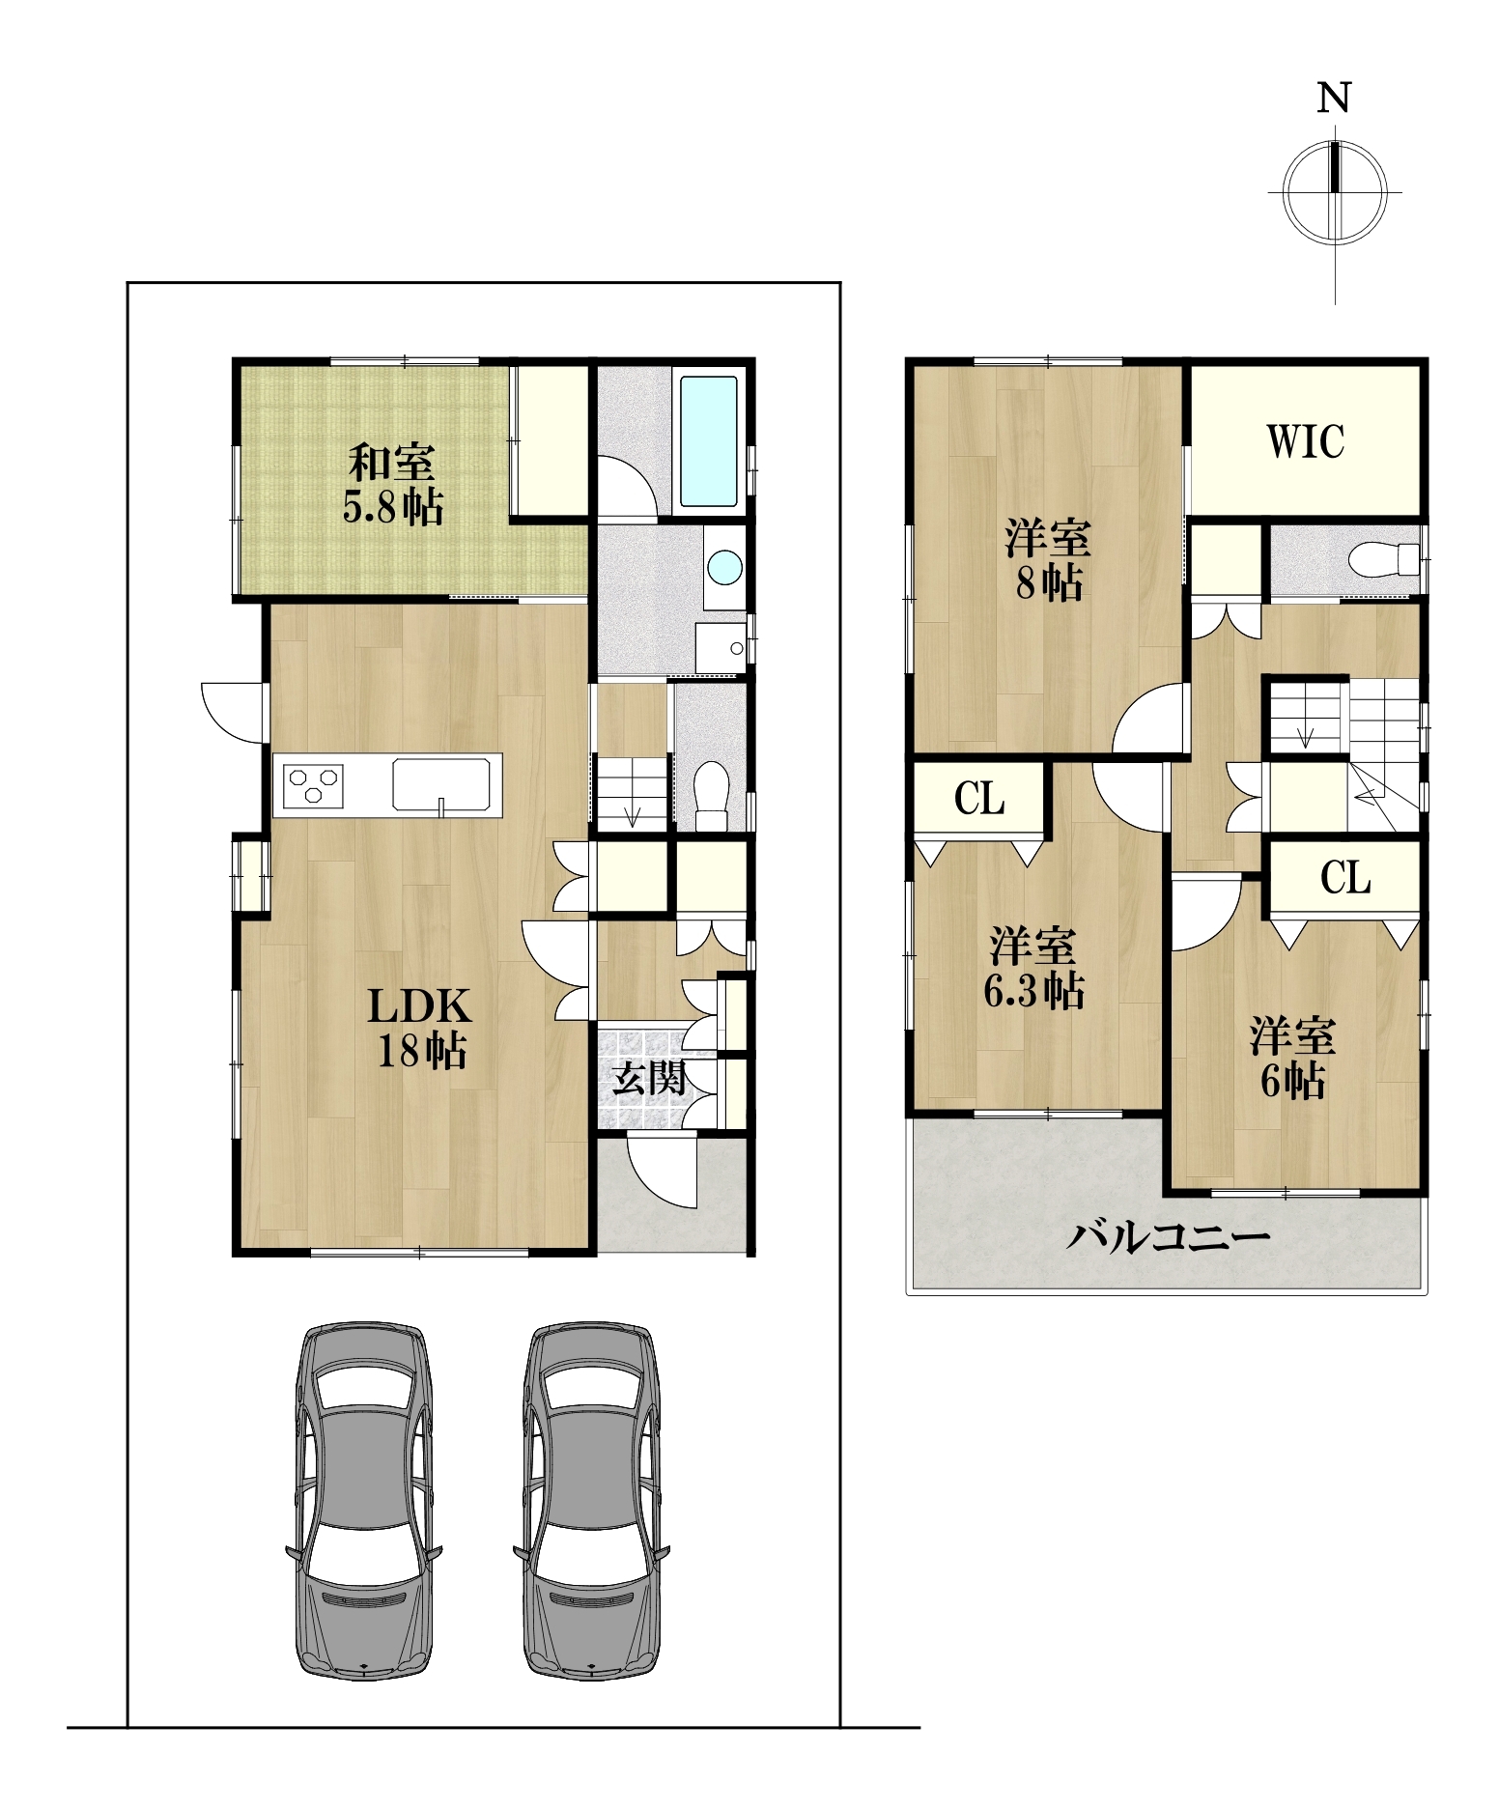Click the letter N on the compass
[1334, 98]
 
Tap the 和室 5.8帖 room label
[393, 484]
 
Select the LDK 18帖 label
[420, 1029]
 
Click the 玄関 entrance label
[650, 1079]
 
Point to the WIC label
[1305, 441]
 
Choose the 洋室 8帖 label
[1048, 560]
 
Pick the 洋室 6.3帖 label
[1033, 969]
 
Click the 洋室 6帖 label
[1292, 1059]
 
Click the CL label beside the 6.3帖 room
[979, 799]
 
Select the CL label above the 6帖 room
[1345, 878]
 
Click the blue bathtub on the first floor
[709, 441]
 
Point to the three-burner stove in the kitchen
[313, 783]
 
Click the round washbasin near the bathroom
[724, 567]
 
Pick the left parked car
[364, 1501]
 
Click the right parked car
[591, 1501]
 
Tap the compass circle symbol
[1334, 192]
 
